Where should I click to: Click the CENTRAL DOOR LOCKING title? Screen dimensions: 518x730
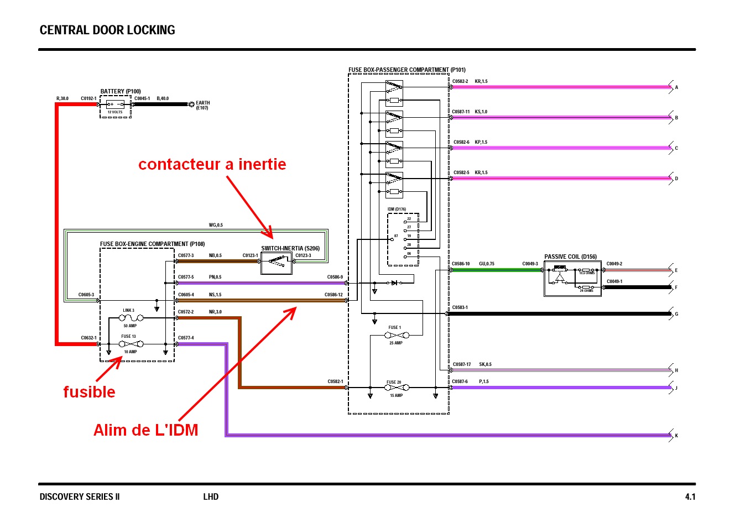[x=107, y=30]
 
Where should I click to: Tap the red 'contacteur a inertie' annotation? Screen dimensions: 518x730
[x=212, y=164]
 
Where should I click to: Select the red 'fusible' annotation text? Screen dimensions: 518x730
[x=89, y=392]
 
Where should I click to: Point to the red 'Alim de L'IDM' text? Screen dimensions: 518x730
[x=145, y=430]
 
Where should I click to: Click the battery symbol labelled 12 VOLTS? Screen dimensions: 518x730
[x=116, y=104]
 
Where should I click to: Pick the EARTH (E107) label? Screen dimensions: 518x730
[x=202, y=105]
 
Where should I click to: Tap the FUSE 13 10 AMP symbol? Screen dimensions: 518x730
[x=131, y=344]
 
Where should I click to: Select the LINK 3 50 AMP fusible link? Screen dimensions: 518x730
[x=131, y=318]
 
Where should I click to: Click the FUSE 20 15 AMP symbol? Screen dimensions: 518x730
[x=396, y=388]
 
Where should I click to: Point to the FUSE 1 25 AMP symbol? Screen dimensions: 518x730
[x=397, y=335]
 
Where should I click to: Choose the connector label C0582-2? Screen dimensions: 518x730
[x=460, y=81]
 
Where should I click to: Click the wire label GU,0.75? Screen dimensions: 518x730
[x=487, y=264]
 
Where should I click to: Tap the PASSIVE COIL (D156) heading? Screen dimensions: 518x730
[x=570, y=257]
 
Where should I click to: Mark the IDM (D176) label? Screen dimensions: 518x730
[x=397, y=210]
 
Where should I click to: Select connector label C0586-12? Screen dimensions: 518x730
[x=333, y=295]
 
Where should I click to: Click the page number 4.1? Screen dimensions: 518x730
[x=690, y=496]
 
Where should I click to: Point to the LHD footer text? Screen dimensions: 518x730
[x=211, y=496]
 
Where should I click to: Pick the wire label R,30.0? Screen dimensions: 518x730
[x=62, y=98]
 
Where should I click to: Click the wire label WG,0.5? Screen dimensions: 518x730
[x=216, y=225]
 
